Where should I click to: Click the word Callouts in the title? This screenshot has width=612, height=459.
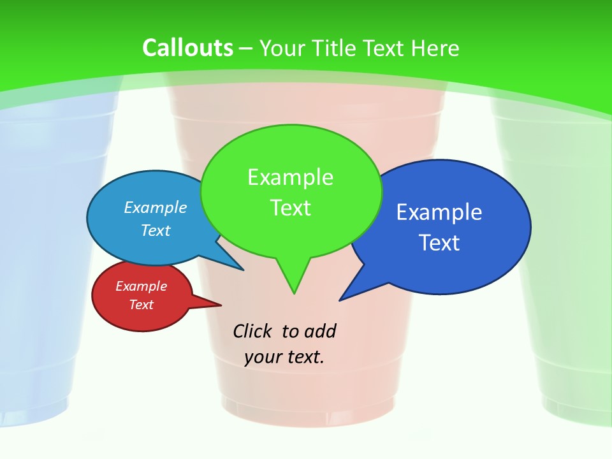coord(187,48)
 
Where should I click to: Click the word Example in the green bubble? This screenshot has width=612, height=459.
coord(290,177)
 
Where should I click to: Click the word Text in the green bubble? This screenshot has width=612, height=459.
coord(290,208)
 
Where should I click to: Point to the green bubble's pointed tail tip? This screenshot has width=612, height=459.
coord(294,293)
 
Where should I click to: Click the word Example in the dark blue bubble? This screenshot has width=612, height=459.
coord(439,212)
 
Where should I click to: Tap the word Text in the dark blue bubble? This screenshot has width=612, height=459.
coord(439,243)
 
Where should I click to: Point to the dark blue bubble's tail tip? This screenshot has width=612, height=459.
coord(340,300)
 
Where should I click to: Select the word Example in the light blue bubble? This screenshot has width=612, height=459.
coord(155,207)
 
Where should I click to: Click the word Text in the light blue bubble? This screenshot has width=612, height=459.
coord(155,230)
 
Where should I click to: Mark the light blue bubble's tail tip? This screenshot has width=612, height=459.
coord(244,270)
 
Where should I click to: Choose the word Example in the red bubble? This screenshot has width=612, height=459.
coord(141,286)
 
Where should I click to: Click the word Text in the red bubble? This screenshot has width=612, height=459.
coord(141,305)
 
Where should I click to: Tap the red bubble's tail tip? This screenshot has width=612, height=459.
coord(221,305)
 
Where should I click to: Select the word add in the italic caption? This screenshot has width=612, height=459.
coord(319,331)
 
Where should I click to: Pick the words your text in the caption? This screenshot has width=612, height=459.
coord(284,357)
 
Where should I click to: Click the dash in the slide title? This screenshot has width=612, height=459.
coord(246,48)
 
